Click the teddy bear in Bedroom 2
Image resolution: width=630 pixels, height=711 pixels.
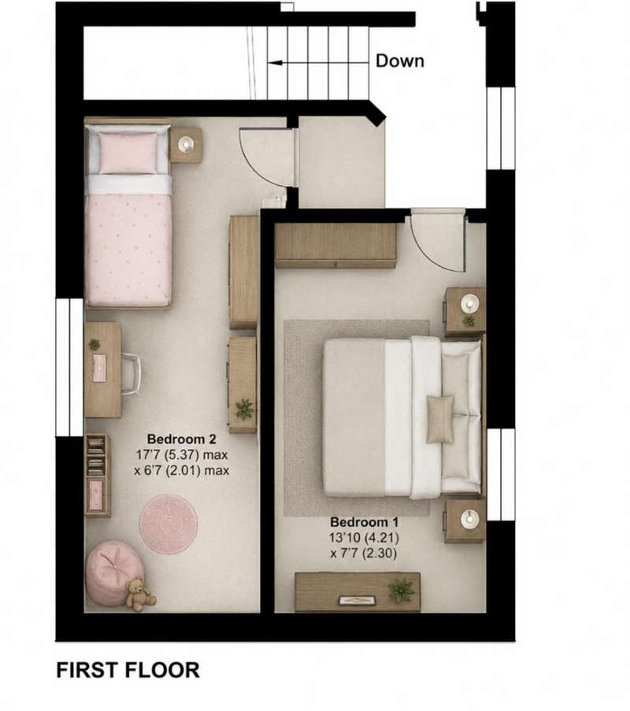pyautogui.click(x=139, y=594)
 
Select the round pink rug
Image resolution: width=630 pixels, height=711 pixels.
pyautogui.click(x=169, y=524)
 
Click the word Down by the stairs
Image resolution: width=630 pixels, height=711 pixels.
pyautogui.click(x=400, y=61)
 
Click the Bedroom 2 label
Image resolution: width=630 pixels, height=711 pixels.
pyautogui.click(x=181, y=439)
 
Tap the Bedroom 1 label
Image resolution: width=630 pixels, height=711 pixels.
pyautogui.click(x=364, y=522)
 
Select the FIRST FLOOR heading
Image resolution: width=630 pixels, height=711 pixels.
pyautogui.click(x=128, y=670)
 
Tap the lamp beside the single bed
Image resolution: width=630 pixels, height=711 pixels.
pyautogui.click(x=186, y=144)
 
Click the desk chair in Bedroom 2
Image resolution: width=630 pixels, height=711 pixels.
pyautogui.click(x=131, y=374)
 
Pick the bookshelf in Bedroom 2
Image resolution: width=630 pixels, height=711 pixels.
pyautogui.click(x=98, y=476)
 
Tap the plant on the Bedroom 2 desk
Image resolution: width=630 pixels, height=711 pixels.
pyautogui.click(x=94, y=345)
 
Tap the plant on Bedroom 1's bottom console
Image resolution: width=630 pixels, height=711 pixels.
pyautogui.click(x=401, y=590)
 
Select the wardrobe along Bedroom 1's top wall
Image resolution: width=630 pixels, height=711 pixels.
pyautogui.click(x=335, y=246)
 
